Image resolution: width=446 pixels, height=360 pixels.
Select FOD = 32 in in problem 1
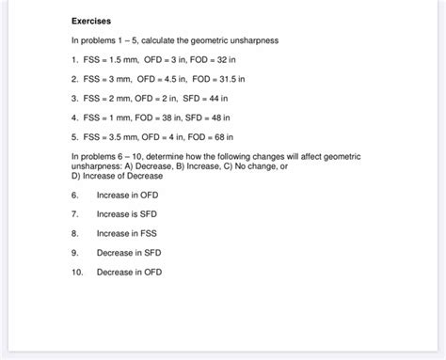[219, 60]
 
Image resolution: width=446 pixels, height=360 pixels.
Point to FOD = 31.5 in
[223, 80]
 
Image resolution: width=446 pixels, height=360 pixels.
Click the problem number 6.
[74, 196]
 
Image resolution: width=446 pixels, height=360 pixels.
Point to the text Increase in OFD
[128, 196]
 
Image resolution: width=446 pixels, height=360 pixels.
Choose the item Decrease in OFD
[130, 273]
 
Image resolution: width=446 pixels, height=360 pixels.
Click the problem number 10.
[76, 273]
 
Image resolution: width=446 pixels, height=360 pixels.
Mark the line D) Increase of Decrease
[117, 176]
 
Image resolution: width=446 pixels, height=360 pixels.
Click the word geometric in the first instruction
[217, 40]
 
